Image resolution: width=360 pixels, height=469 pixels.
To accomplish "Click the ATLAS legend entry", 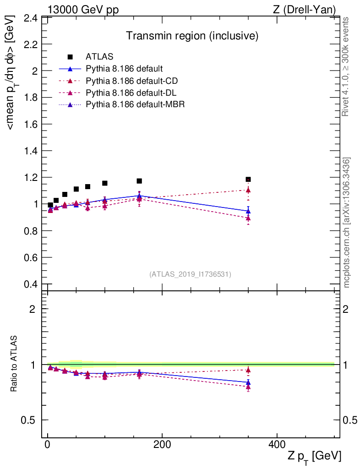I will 99,57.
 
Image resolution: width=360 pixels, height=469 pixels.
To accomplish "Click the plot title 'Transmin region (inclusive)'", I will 192,36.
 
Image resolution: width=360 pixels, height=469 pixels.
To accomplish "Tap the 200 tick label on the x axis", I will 162,445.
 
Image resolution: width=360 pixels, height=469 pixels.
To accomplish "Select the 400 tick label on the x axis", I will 277,445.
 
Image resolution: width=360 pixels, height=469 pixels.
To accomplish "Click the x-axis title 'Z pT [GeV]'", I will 315,456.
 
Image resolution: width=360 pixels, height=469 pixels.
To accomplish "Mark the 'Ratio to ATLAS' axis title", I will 14,364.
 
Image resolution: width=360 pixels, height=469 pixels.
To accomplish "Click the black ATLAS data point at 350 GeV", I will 248,180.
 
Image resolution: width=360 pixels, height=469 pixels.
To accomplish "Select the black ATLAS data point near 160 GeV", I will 139,181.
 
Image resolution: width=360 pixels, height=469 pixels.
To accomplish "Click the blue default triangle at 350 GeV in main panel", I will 248,211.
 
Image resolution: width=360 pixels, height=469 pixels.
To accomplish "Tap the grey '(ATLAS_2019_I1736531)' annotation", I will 190,274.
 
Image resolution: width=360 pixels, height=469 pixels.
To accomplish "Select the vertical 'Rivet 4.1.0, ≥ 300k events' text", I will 346,66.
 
